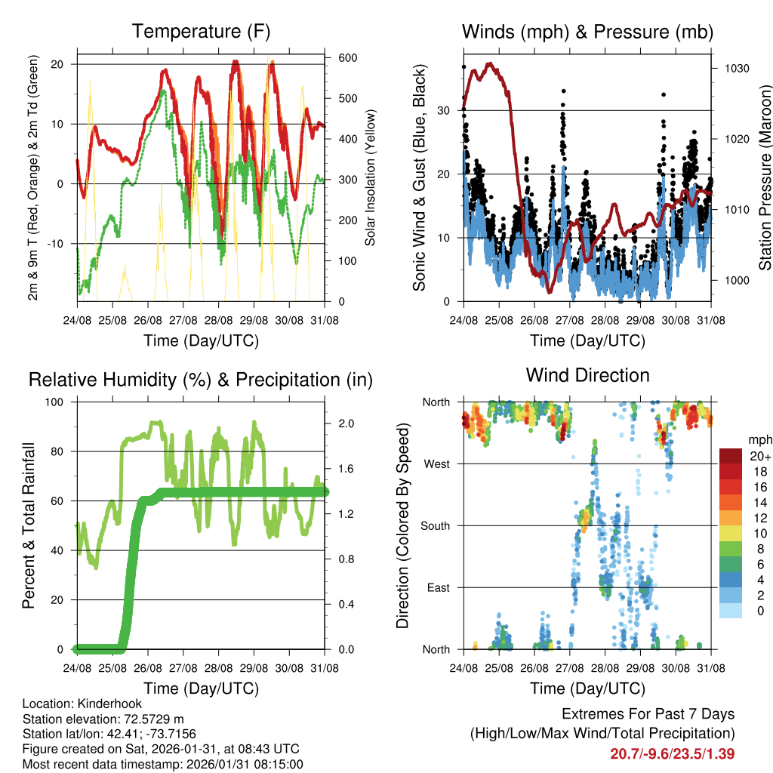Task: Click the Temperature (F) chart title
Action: [x=201, y=32]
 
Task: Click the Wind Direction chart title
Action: [x=587, y=375]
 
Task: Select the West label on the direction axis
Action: [x=437, y=464]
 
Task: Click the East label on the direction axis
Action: [x=439, y=587]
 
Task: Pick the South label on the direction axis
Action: [x=436, y=525]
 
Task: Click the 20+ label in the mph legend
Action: [x=759, y=456]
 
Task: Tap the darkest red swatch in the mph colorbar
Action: [x=731, y=456]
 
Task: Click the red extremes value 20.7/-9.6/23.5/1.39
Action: [x=672, y=753]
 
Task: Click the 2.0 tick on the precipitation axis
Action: [x=340, y=423]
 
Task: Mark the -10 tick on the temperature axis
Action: [x=58, y=244]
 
